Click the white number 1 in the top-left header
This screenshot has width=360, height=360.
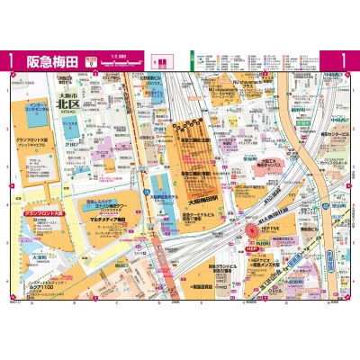tap(10, 61)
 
